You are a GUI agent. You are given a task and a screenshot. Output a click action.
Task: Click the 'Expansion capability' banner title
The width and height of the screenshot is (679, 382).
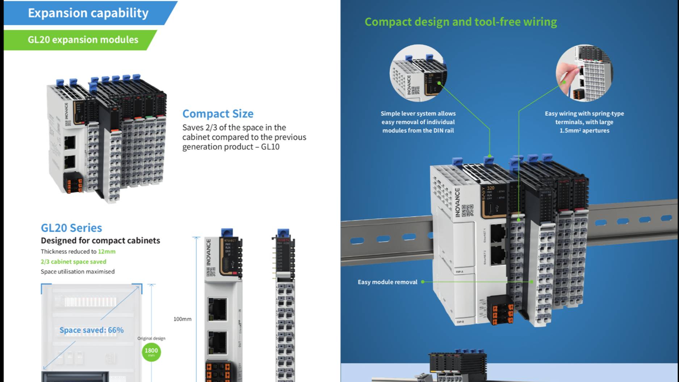point(88,13)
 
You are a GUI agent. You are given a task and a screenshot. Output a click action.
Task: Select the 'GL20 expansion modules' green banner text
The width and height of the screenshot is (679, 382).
point(83,39)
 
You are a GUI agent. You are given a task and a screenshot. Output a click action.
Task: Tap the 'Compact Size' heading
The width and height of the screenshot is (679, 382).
point(218,114)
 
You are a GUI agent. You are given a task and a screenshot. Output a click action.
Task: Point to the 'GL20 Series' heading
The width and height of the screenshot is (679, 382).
point(71,228)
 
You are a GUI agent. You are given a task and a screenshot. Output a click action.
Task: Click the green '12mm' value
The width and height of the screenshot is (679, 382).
point(106,251)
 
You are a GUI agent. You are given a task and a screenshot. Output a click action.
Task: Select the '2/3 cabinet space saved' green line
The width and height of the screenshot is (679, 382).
point(74,261)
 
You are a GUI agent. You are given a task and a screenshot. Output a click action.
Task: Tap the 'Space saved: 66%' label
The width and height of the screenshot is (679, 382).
point(91,330)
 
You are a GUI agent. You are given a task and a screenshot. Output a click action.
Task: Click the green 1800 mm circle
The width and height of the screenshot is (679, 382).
point(151,351)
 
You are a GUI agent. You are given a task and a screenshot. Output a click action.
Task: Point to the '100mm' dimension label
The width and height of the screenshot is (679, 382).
point(182,319)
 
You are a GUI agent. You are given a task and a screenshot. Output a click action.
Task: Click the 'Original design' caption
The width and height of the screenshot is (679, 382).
point(151,338)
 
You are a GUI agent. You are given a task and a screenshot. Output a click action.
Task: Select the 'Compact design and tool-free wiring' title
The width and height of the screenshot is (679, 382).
point(461,22)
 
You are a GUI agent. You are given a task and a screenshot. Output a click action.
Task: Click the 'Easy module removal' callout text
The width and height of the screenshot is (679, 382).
point(387,282)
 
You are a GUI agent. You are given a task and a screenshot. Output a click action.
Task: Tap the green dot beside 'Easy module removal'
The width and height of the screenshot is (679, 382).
point(423,282)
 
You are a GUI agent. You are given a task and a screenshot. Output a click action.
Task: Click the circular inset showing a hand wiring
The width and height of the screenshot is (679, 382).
point(584,73)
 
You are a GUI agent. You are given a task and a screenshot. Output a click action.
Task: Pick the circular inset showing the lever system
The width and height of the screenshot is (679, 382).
point(418,73)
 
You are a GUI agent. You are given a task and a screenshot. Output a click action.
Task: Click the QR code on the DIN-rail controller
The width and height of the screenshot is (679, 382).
point(467,210)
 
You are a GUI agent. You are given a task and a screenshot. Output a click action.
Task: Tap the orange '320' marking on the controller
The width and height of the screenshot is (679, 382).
point(491,188)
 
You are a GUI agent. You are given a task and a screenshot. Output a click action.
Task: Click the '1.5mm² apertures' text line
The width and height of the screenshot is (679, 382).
point(584,130)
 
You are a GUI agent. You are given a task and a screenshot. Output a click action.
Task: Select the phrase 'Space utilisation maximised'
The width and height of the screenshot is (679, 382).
point(77,272)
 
